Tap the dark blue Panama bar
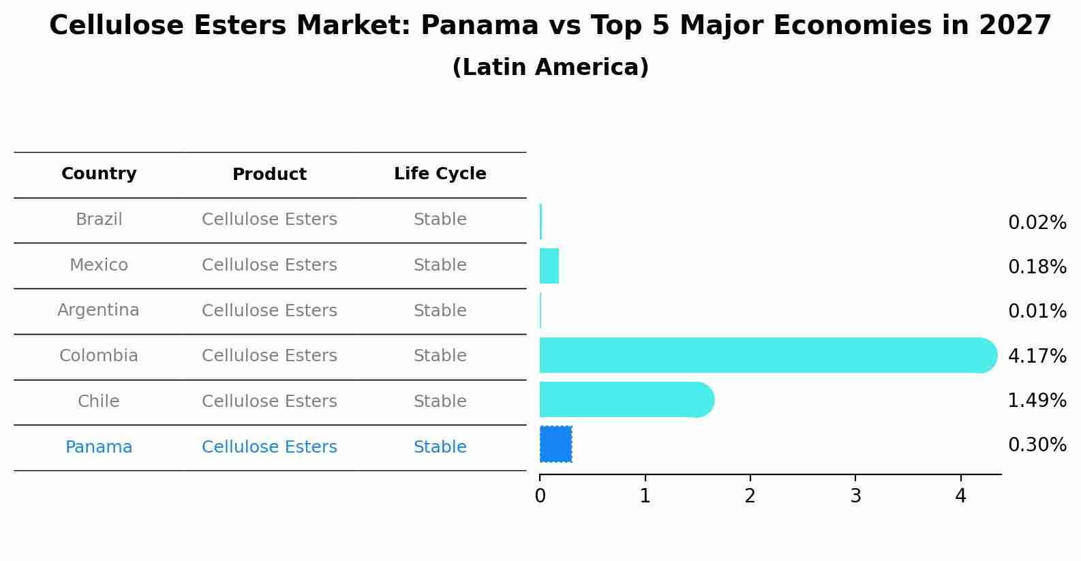tap(555, 444)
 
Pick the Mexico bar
tap(549, 266)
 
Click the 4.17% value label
tap(1037, 356)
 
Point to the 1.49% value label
tap(1037, 401)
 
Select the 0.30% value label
tap(1037, 445)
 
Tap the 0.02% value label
tap(1037, 223)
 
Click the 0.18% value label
tap(1037, 267)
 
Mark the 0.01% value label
tap(1037, 312)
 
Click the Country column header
tap(99, 174)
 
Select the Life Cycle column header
tap(440, 174)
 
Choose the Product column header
tap(269, 175)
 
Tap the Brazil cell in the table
tap(99, 219)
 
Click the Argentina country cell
tap(98, 310)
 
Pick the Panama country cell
tap(99, 447)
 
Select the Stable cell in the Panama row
tap(440, 447)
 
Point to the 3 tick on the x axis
tap(855, 496)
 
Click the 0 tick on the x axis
tap(540, 496)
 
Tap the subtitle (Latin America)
tap(550, 67)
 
